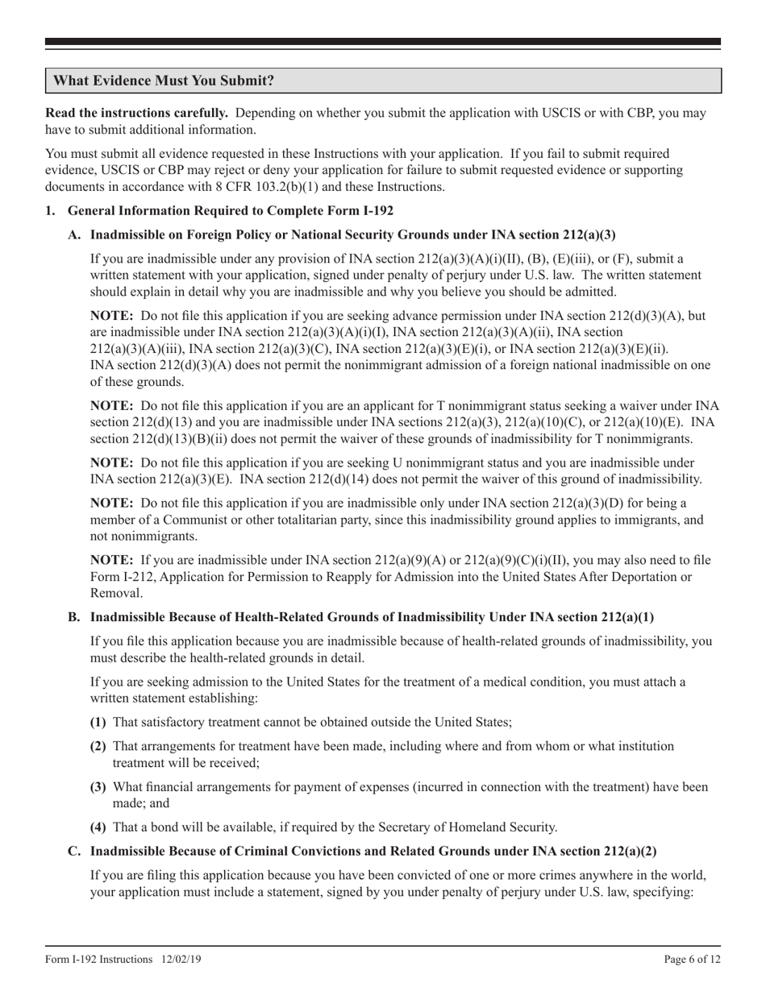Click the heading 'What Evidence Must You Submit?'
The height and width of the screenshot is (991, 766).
point(164,81)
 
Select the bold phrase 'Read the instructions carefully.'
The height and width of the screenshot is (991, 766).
point(137,114)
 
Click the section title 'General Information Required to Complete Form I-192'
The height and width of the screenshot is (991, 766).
point(230,211)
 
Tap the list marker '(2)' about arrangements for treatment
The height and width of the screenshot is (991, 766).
point(99,747)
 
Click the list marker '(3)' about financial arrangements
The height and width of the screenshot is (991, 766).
point(99,786)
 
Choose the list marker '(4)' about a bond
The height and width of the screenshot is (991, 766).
point(99,827)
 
